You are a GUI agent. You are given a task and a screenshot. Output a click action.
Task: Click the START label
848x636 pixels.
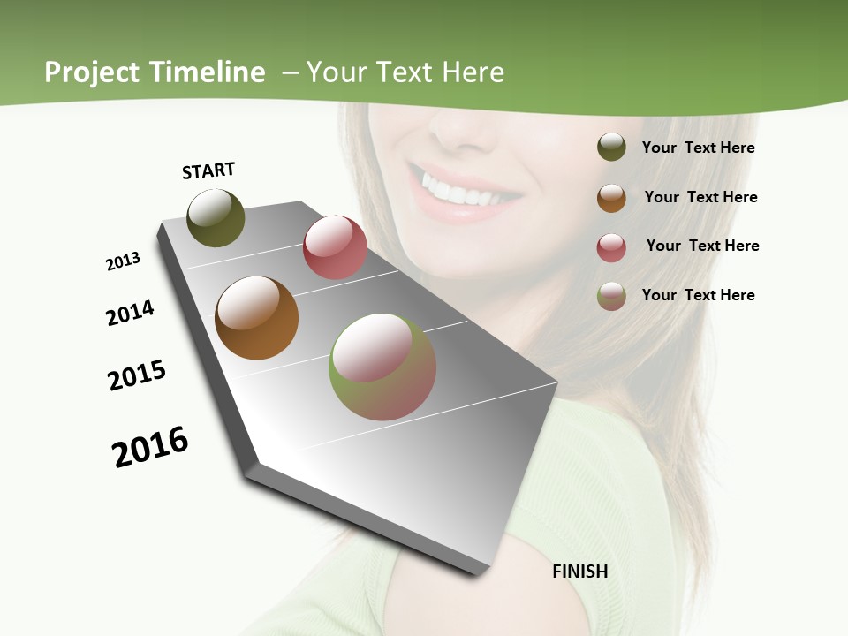click(x=208, y=170)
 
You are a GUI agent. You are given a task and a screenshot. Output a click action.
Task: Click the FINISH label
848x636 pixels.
click(x=579, y=572)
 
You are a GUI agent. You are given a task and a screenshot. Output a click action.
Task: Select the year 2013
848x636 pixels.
click(x=123, y=261)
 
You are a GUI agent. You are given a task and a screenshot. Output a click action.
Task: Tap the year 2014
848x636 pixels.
click(x=130, y=313)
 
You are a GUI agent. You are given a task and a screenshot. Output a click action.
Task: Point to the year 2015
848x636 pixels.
click(x=137, y=375)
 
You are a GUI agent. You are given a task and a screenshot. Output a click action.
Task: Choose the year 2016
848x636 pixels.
click(x=150, y=446)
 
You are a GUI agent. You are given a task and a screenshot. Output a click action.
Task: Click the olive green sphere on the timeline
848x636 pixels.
click(x=216, y=217)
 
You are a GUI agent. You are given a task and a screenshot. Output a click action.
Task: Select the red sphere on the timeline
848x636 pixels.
click(x=335, y=247)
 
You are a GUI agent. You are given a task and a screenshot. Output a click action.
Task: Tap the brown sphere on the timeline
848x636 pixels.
click(x=256, y=318)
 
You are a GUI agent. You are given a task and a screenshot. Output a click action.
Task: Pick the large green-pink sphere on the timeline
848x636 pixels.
click(x=382, y=367)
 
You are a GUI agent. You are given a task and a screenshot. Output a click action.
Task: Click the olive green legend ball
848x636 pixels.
click(x=611, y=147)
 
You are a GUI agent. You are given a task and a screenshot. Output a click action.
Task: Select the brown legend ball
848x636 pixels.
click(x=611, y=198)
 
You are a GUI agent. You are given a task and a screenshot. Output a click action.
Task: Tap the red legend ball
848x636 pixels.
click(x=611, y=247)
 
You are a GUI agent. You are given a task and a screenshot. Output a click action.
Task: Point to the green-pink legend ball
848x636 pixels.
click(x=611, y=296)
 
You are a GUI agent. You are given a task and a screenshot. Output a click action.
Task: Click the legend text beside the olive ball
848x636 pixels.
click(x=698, y=148)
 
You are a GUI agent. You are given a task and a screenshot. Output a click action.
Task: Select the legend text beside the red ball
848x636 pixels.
click(x=702, y=246)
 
